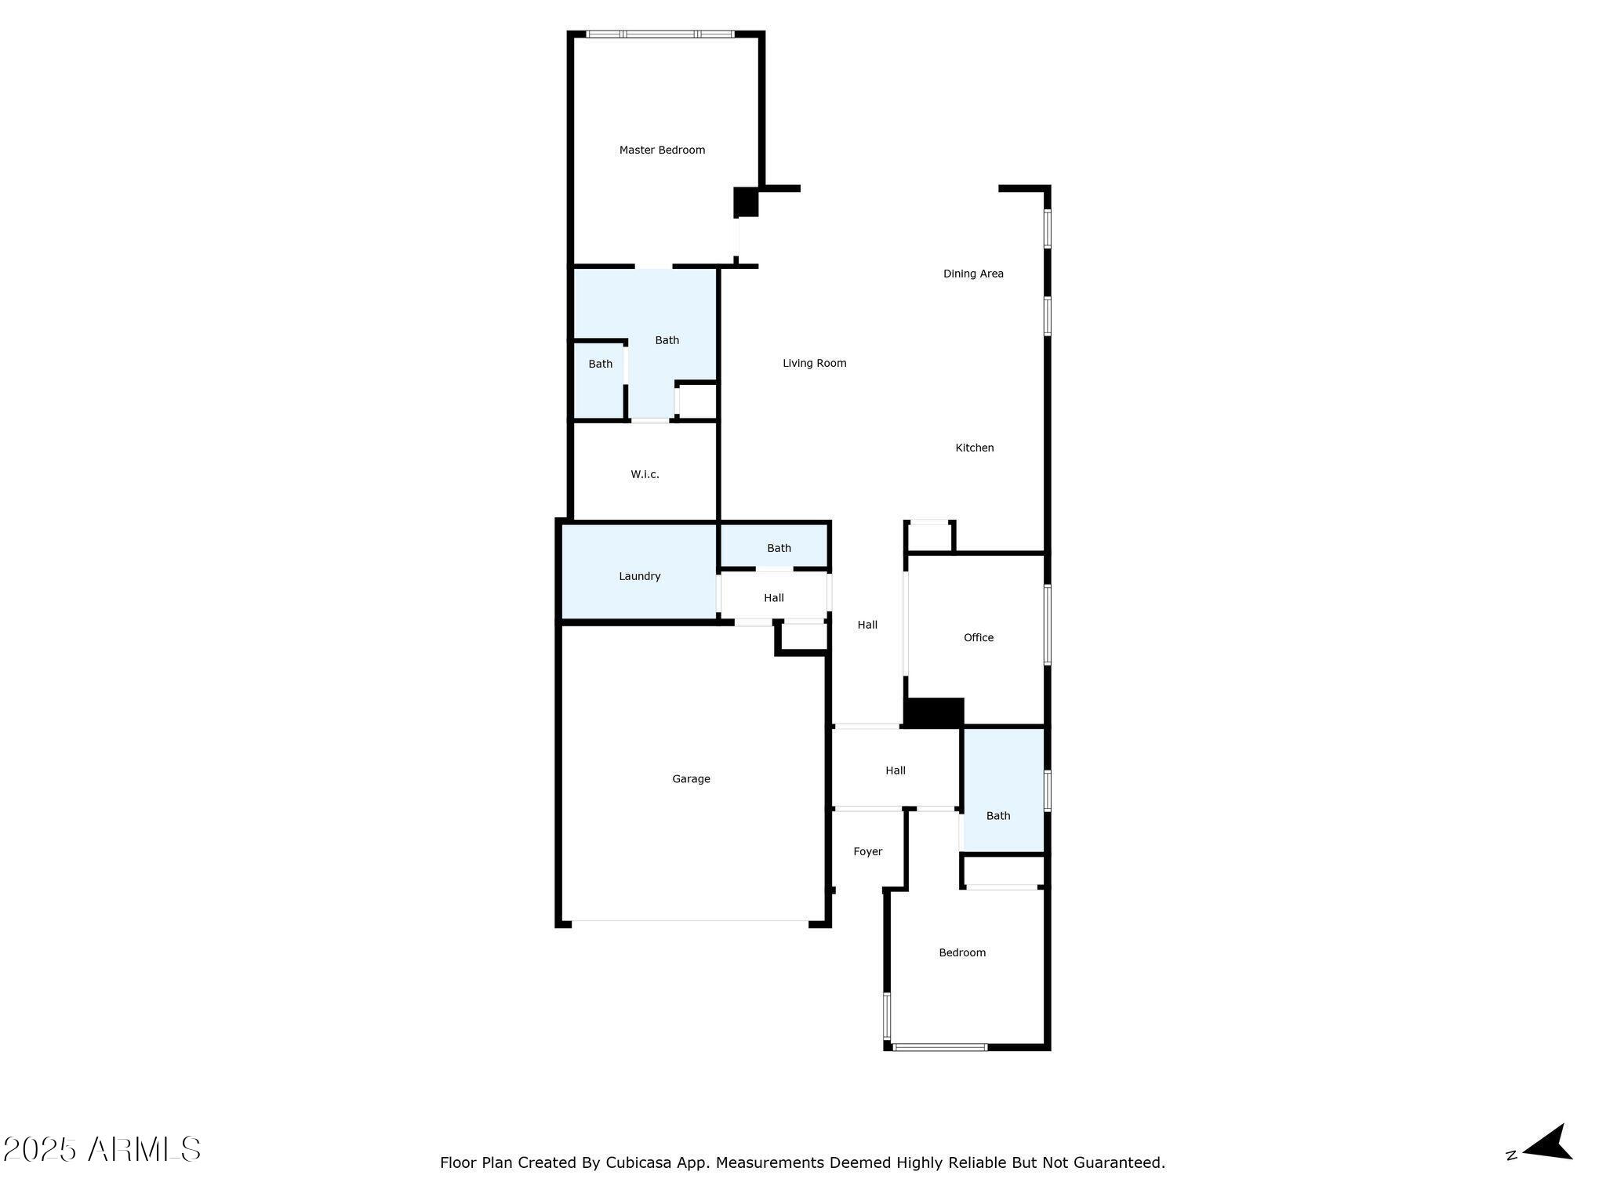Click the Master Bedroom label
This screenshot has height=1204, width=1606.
[662, 150]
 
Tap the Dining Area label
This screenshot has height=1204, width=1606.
[973, 274]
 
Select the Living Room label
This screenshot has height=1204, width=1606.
[814, 363]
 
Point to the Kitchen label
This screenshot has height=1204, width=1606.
[974, 448]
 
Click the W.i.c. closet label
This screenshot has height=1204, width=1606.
[645, 474]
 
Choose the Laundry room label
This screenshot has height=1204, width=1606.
[639, 576]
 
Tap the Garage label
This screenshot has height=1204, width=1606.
[691, 778]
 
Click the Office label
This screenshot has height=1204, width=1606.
[978, 637]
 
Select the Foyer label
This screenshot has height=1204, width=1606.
[867, 851]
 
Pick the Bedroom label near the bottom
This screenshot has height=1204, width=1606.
[961, 952]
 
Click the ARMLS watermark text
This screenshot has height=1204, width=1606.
[144, 1150]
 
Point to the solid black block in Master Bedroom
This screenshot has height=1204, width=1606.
[746, 202]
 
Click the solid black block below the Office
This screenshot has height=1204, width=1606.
[933, 713]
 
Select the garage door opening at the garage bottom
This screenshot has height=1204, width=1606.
[690, 922]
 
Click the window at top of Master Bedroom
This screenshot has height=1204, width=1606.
[660, 34]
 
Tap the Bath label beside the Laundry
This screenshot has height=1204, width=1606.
[779, 548]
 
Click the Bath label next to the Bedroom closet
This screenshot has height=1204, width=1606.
[997, 815]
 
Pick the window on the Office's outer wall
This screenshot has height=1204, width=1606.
[1047, 625]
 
